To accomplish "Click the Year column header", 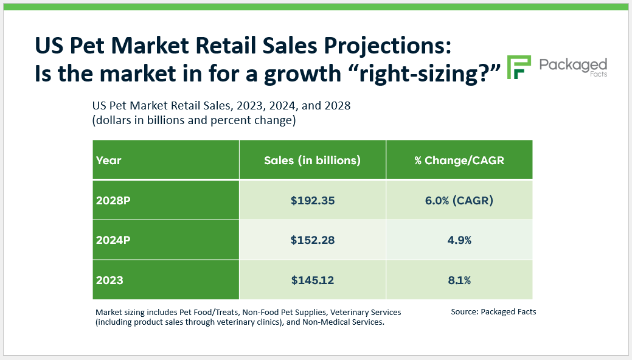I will tap(109, 161).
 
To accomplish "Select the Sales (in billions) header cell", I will tap(312, 161).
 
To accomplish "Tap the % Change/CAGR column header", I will tap(459, 161).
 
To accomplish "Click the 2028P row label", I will tap(113, 200).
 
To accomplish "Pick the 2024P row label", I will tap(113, 240).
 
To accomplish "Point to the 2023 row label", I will tap(109, 280).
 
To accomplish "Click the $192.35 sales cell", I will tap(312, 200).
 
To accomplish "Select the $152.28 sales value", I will tap(312, 240).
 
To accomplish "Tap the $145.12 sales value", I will tap(312, 280).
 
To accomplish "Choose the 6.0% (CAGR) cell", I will tap(459, 200).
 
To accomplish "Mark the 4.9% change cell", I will tap(459, 240).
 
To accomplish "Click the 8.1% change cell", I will tap(459, 280).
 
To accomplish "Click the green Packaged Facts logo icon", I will tap(519, 67).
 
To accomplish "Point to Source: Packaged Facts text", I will tap(493, 311).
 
